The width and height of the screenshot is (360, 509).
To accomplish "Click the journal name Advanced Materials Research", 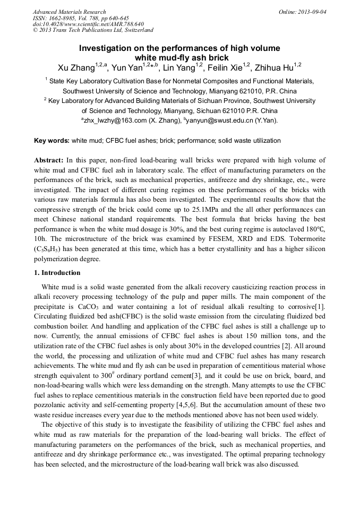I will (69, 12).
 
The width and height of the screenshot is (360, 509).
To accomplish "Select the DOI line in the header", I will (88, 24).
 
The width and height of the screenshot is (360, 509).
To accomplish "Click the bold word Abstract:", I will (49, 160).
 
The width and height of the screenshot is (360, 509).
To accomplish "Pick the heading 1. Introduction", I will (57, 273).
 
